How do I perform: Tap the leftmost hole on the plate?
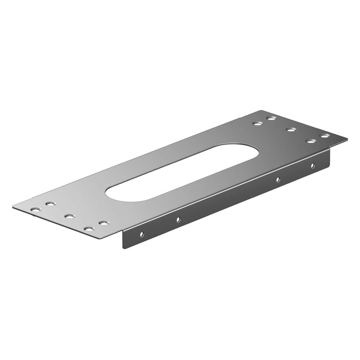[36, 210]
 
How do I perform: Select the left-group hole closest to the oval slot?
[51, 203]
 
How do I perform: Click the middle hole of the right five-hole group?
[291, 130]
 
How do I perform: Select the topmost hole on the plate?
[271, 118]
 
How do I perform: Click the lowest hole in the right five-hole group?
[310, 141]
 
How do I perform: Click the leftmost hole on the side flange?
[142, 233]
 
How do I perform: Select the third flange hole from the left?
[278, 179]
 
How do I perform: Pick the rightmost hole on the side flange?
[312, 165]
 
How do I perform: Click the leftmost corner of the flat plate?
[13, 207]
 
